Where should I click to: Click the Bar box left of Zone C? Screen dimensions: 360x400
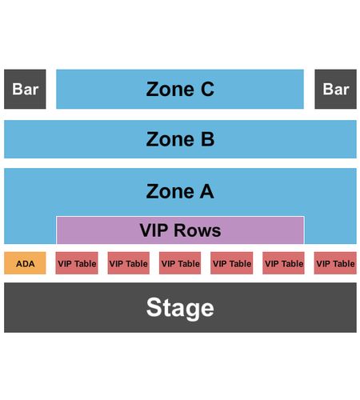coord(25,89)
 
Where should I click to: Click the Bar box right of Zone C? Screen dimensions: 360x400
coord(335,89)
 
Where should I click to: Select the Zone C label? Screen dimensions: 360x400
coord(180,89)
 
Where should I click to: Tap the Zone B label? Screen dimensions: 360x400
coord(180,139)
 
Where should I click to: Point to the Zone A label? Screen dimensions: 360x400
coord(180,191)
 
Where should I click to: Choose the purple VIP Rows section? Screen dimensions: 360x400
coord(180,230)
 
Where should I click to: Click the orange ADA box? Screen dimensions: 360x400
coord(25,263)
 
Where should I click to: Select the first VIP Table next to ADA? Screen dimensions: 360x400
coord(77,263)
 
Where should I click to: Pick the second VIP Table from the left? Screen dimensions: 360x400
coord(129,263)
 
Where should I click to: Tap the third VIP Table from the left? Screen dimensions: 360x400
coord(180,263)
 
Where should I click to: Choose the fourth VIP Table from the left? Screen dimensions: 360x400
coord(232,263)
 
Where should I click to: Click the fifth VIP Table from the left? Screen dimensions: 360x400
coord(283,263)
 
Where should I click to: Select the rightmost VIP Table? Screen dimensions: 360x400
coord(335,263)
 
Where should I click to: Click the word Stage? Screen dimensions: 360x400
coord(180,308)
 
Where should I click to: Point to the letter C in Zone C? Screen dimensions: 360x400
coord(207,89)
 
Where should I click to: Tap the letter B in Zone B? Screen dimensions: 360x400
coord(208,139)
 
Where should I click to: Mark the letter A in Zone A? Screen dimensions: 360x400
coord(207,191)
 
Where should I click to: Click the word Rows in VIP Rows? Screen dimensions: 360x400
coord(197,230)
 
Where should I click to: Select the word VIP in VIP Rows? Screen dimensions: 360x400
coord(154,230)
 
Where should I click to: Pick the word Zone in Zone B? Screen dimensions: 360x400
coord(170,139)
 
